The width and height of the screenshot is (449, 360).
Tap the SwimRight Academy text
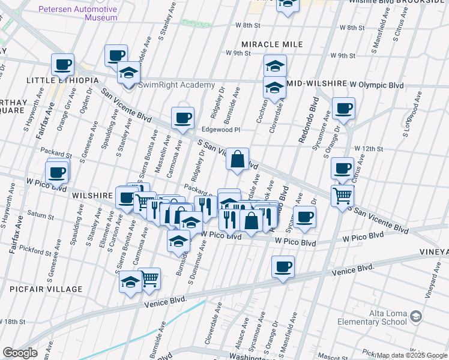(x=176, y=85)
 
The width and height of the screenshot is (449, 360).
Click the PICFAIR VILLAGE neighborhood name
(x=46, y=289)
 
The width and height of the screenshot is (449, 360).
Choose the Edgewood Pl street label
(x=220, y=130)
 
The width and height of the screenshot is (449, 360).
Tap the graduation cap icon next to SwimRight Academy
(x=128, y=73)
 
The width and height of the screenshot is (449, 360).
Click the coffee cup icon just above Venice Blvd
(x=283, y=266)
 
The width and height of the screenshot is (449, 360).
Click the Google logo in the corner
(x=19, y=353)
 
